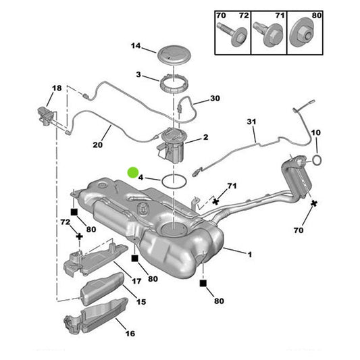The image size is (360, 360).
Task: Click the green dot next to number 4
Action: coord(133,173)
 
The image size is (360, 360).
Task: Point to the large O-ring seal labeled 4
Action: coord(174,181)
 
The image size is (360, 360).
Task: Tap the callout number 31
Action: coord(252,122)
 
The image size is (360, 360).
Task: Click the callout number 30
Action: coord(215,99)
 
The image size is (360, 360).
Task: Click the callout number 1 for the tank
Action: coord(249,255)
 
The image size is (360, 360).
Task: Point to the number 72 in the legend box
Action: coord(244,14)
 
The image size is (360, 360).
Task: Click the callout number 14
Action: coord(136,46)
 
